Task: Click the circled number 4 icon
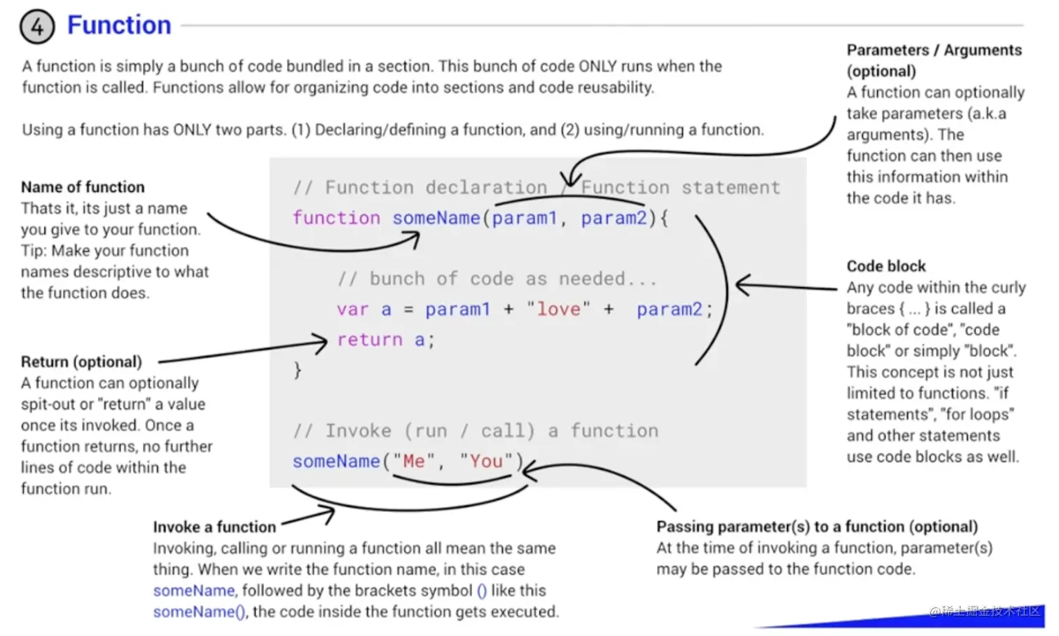(37, 27)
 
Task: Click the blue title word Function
(119, 25)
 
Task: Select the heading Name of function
(83, 187)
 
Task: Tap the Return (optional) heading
(81, 361)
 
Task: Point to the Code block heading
(886, 266)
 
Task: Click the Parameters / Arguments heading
(934, 50)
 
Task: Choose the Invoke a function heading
(214, 527)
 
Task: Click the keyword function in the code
(336, 218)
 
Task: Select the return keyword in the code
(370, 340)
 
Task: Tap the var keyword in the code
(352, 310)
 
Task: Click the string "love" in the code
(558, 310)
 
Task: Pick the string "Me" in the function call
(413, 462)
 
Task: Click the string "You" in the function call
(486, 462)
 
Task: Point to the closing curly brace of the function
(298, 370)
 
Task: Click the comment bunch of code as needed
(497, 279)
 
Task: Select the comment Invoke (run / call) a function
(476, 431)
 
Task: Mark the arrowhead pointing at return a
(321, 343)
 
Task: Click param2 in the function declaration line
(614, 218)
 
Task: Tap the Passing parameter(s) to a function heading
(817, 527)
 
